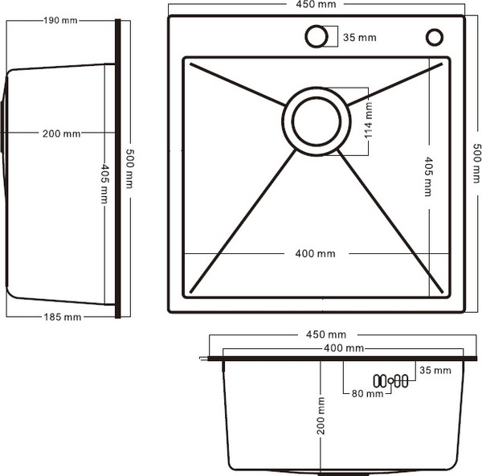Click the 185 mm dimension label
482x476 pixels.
point(62,317)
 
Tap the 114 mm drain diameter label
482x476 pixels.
point(369,118)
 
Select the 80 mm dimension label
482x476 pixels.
point(362,394)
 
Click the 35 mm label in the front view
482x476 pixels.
point(435,370)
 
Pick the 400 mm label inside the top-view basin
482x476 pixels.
point(315,254)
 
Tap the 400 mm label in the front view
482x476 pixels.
point(343,348)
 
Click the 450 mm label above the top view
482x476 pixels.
point(317,6)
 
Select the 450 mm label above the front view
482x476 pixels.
point(327,334)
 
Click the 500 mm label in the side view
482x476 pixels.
point(129,166)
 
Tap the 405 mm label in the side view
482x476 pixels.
point(104,183)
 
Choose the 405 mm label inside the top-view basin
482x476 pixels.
point(427,175)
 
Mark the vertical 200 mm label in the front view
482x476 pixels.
point(321,416)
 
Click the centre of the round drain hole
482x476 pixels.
point(316,121)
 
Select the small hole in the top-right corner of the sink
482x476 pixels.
point(435,37)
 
